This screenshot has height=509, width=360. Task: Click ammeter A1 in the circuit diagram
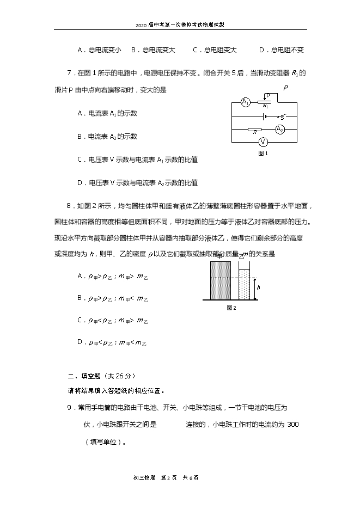click(x=246, y=102)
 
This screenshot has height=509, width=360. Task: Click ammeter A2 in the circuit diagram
click(x=279, y=129)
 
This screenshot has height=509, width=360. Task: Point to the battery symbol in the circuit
click(x=265, y=116)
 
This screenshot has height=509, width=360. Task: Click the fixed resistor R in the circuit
click(x=254, y=130)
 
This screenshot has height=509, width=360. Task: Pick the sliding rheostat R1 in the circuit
click(x=265, y=102)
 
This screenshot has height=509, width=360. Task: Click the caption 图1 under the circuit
click(x=263, y=153)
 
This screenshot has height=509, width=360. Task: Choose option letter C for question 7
click(x=80, y=160)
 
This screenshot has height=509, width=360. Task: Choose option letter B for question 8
click(x=80, y=298)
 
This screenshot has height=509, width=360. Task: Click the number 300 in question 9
click(x=292, y=425)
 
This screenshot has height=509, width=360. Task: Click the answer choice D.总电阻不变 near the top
click(x=281, y=50)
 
